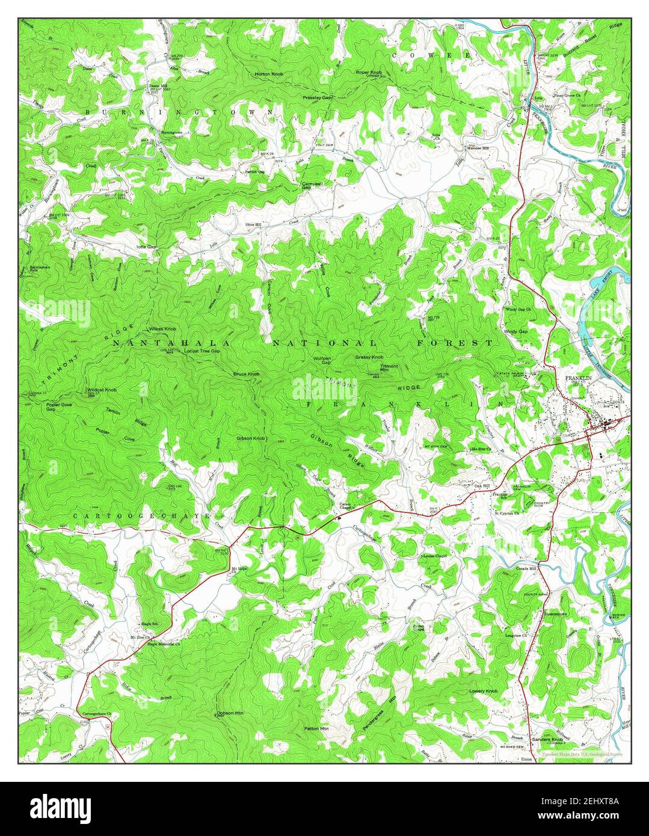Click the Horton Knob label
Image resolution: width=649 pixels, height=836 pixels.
(268, 74)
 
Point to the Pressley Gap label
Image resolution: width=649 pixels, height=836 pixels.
(318, 97)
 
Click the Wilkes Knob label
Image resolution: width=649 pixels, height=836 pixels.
(162, 329)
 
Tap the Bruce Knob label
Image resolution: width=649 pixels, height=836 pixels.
(247, 374)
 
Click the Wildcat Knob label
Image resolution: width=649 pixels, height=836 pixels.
(102, 390)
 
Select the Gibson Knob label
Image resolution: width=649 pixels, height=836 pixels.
(251, 438)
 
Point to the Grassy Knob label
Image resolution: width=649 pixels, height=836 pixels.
(369, 357)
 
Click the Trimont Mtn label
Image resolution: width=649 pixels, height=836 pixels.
(389, 368)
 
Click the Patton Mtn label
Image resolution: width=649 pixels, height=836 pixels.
(316, 728)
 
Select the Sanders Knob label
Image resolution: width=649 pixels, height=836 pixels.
(550, 739)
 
